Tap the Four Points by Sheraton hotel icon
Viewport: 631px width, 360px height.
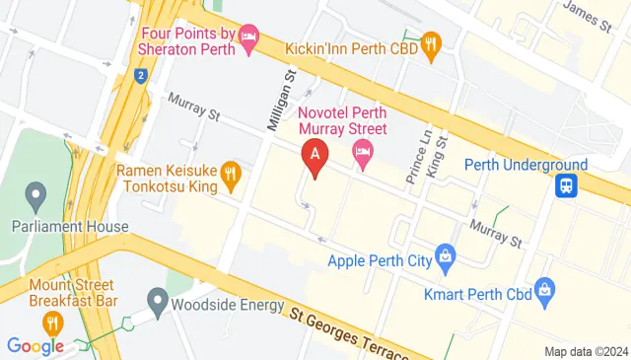[x=249, y=38]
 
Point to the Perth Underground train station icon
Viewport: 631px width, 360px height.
[x=567, y=184]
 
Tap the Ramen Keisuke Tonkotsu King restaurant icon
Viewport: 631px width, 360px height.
[x=231, y=176]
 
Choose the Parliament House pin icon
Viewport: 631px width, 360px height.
[x=37, y=191]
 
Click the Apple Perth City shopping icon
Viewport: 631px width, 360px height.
[x=446, y=256]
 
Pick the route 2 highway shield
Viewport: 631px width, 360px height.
[x=142, y=75]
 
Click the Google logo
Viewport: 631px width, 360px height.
[x=35, y=345]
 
